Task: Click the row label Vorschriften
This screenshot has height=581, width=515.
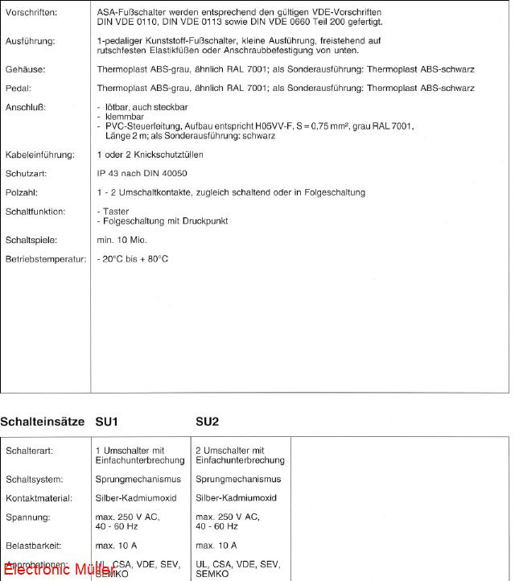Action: click(x=31, y=14)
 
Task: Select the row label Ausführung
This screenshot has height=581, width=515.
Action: click(x=30, y=40)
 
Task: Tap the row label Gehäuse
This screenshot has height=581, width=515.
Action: click(x=26, y=70)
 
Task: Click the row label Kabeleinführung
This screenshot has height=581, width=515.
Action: click(x=39, y=155)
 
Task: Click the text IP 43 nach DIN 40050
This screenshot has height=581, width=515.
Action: click(x=142, y=174)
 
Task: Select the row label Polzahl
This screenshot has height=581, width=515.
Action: click(x=23, y=193)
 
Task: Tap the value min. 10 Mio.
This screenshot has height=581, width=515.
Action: click(x=122, y=240)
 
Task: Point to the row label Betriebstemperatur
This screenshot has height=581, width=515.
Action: click(x=45, y=259)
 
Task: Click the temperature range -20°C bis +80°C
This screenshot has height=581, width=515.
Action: click(x=133, y=259)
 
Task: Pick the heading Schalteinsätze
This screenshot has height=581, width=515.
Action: click(x=42, y=422)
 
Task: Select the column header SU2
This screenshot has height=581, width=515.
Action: click(x=208, y=422)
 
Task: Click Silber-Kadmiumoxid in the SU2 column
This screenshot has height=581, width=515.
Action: click(x=236, y=498)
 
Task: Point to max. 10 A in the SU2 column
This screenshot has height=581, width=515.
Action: click(x=216, y=546)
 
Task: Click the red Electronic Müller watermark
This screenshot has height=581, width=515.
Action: click(x=48, y=571)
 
